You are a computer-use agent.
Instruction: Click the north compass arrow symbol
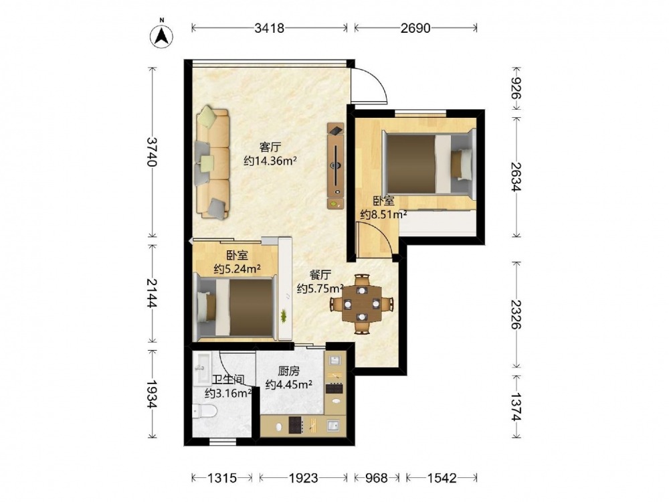162,35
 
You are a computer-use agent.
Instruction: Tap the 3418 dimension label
269,28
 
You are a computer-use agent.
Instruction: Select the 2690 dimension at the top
415,28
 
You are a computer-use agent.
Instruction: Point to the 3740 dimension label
152,151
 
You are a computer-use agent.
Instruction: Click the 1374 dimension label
516,406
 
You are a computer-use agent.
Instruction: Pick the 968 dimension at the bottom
376,478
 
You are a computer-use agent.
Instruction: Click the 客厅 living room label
270,147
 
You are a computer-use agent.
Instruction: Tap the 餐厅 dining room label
320,275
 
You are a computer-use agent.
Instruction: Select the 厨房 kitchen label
288,371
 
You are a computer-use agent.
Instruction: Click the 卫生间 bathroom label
228,380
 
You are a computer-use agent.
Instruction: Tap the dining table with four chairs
362,304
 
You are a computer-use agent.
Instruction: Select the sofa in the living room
213,163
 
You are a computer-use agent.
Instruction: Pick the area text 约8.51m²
383,214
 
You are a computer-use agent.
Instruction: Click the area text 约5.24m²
237,269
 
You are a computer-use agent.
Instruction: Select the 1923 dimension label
303,478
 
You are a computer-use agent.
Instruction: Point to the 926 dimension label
516,89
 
